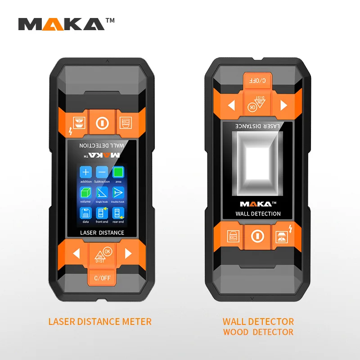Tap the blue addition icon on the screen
[x=86, y=172]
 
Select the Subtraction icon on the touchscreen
[x=102, y=172]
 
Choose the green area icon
[x=118, y=172]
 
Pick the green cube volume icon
[x=85, y=193]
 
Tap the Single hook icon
[x=102, y=193]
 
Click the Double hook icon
[x=118, y=193]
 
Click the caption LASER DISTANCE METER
[x=100, y=321]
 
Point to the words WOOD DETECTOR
[x=258, y=333]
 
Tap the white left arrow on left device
[x=76, y=253]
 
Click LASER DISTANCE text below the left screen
[x=102, y=233]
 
